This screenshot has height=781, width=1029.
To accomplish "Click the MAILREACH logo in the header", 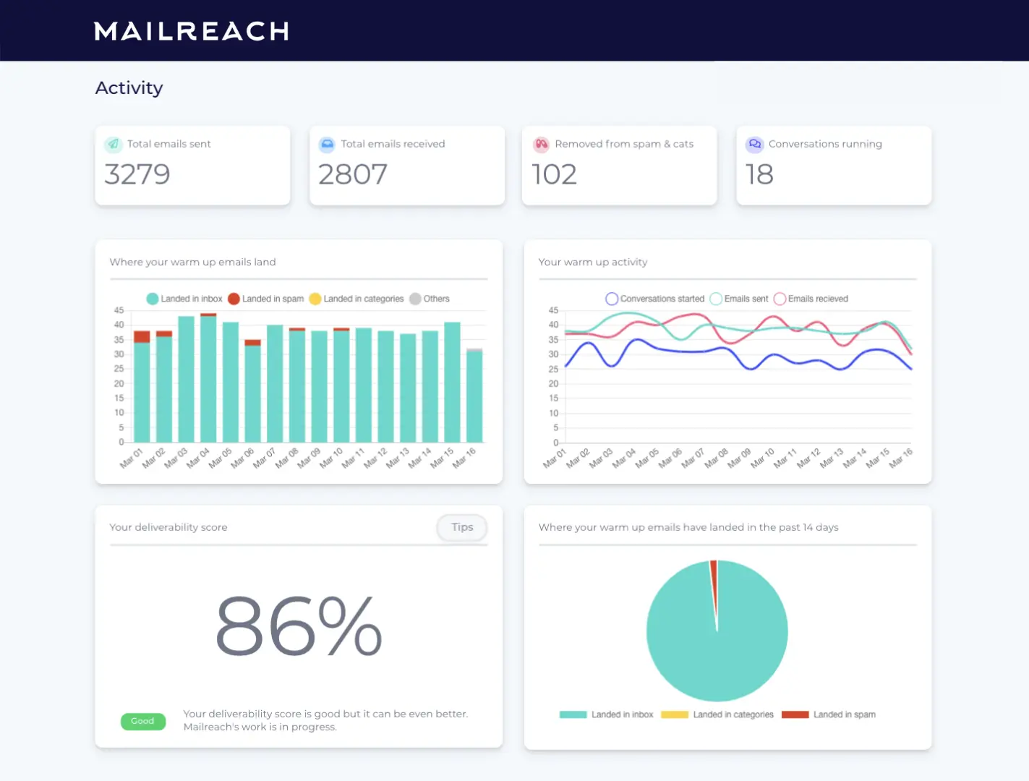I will (x=192, y=31).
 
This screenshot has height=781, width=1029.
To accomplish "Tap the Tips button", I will (x=462, y=527).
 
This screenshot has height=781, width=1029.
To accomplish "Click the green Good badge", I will (x=142, y=721).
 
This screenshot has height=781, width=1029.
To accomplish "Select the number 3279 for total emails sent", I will (x=137, y=174).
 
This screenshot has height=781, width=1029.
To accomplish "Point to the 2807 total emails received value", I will (x=353, y=174).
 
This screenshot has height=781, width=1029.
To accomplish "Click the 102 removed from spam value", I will (x=554, y=174).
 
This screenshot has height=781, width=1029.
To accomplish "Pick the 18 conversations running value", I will (x=759, y=174).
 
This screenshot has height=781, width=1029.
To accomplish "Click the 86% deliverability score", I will (x=299, y=626).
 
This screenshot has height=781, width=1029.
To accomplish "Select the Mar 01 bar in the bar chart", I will (x=142, y=390).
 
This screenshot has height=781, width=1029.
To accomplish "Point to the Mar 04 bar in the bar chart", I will (x=208, y=380).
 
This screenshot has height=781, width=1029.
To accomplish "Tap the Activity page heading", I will (x=129, y=88).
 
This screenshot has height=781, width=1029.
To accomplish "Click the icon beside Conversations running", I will (x=755, y=144).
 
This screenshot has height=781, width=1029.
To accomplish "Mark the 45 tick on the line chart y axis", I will (x=553, y=310).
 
